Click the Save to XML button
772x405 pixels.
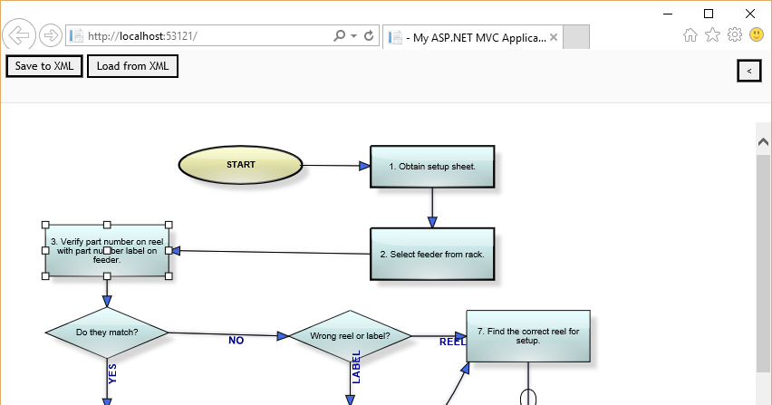point(44,66)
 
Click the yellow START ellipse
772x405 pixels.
point(240,165)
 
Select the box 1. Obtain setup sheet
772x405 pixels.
point(432,167)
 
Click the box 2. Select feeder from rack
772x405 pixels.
point(432,254)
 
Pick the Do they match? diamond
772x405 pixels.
point(107,333)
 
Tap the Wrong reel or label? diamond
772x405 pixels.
point(350,335)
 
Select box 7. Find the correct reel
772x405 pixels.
point(528,336)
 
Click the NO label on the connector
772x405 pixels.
point(236,341)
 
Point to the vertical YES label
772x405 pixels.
point(112,374)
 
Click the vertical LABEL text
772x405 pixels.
point(356,367)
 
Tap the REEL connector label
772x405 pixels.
point(452,342)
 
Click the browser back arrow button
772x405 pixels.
point(19,36)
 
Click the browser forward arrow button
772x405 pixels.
point(51,36)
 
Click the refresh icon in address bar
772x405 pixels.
point(369,36)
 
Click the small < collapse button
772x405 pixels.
point(748,70)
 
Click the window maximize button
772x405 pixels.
point(709,14)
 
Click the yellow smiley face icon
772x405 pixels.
point(757,35)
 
